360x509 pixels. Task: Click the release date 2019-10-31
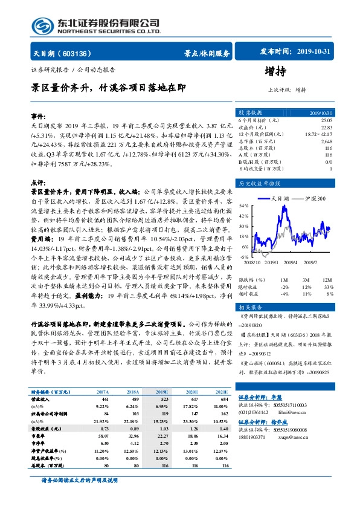coord(315,52)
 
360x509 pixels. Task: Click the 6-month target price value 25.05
coord(326,120)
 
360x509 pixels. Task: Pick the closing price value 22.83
coord(326,127)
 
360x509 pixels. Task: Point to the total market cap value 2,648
coord(326,140)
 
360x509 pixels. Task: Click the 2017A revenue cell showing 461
coord(104,400)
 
